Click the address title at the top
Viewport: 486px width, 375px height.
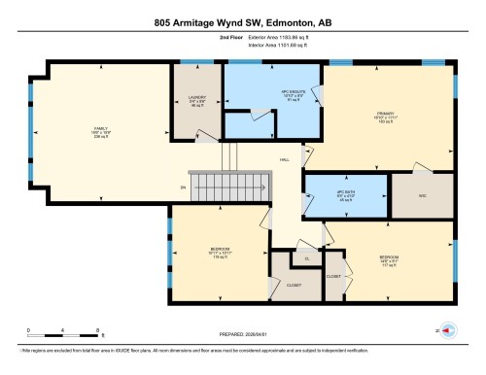pos(243,21)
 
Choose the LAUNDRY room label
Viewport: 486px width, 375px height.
pos(195,101)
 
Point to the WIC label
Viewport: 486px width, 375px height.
pos(422,195)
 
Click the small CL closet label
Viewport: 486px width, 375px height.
pos(306,259)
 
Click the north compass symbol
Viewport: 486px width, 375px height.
pos(448,330)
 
